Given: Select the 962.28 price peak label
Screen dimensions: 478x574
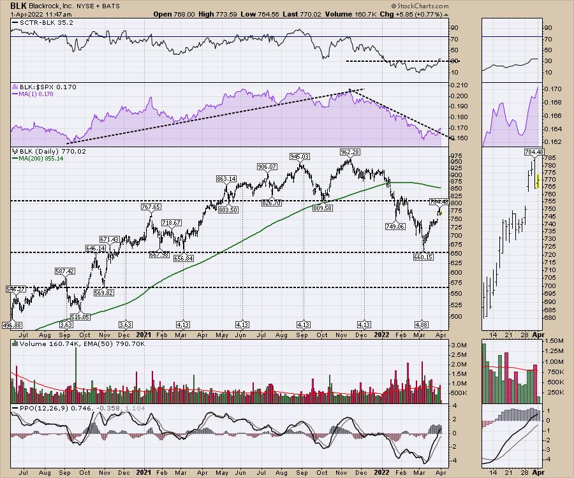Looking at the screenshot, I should (350, 152).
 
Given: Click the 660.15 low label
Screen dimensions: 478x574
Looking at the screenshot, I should (423, 257).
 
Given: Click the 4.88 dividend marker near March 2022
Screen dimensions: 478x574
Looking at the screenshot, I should (422, 324).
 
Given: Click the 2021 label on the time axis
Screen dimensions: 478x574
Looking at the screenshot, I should (144, 333).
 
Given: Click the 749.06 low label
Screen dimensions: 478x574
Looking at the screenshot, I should (395, 226).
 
